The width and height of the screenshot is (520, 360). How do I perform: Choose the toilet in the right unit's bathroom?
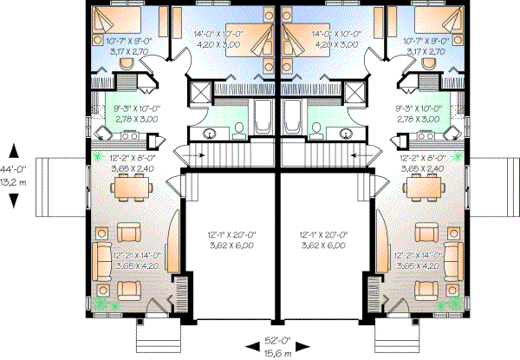coord(317,130)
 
